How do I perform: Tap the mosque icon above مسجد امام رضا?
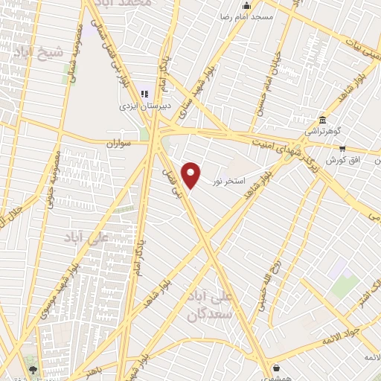point(248,6)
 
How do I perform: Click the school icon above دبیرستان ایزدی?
point(146,95)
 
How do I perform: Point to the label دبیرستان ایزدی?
point(146,106)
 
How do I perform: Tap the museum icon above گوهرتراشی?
point(321,121)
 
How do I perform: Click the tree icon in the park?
point(32,367)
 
